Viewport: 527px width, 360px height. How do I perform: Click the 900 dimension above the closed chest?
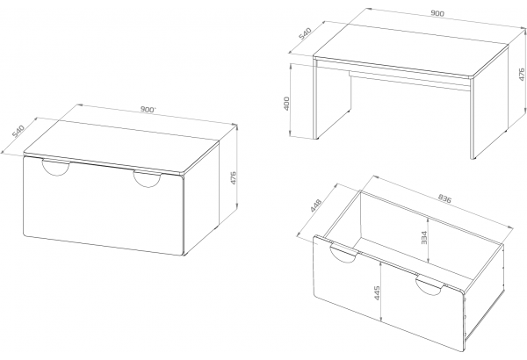[x=148, y=110]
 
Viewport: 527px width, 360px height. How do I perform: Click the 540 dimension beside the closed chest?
[x=18, y=131]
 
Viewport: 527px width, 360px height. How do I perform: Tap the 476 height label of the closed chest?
[x=234, y=178]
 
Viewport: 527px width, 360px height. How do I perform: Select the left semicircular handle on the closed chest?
[x=56, y=168]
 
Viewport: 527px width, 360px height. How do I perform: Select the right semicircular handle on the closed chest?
[x=147, y=179]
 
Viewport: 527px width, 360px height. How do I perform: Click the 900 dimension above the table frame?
[x=437, y=13]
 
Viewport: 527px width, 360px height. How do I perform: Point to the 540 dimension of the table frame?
[x=306, y=33]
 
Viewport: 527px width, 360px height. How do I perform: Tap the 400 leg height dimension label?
[x=286, y=104]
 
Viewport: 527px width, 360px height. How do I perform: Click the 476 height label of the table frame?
[x=521, y=75]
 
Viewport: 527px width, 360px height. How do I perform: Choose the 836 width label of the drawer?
[x=444, y=199]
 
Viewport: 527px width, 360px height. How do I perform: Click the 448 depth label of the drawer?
[x=316, y=205]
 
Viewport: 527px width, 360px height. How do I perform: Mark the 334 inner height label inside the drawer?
[x=424, y=238]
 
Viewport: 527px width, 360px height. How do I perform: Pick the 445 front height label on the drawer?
[x=377, y=293]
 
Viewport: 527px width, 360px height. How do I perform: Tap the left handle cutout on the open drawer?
[x=343, y=254]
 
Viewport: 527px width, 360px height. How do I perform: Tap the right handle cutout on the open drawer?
[x=430, y=286]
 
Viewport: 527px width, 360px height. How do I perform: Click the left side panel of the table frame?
[x=333, y=101]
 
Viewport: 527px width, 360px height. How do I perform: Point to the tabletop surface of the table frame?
[x=411, y=50]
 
